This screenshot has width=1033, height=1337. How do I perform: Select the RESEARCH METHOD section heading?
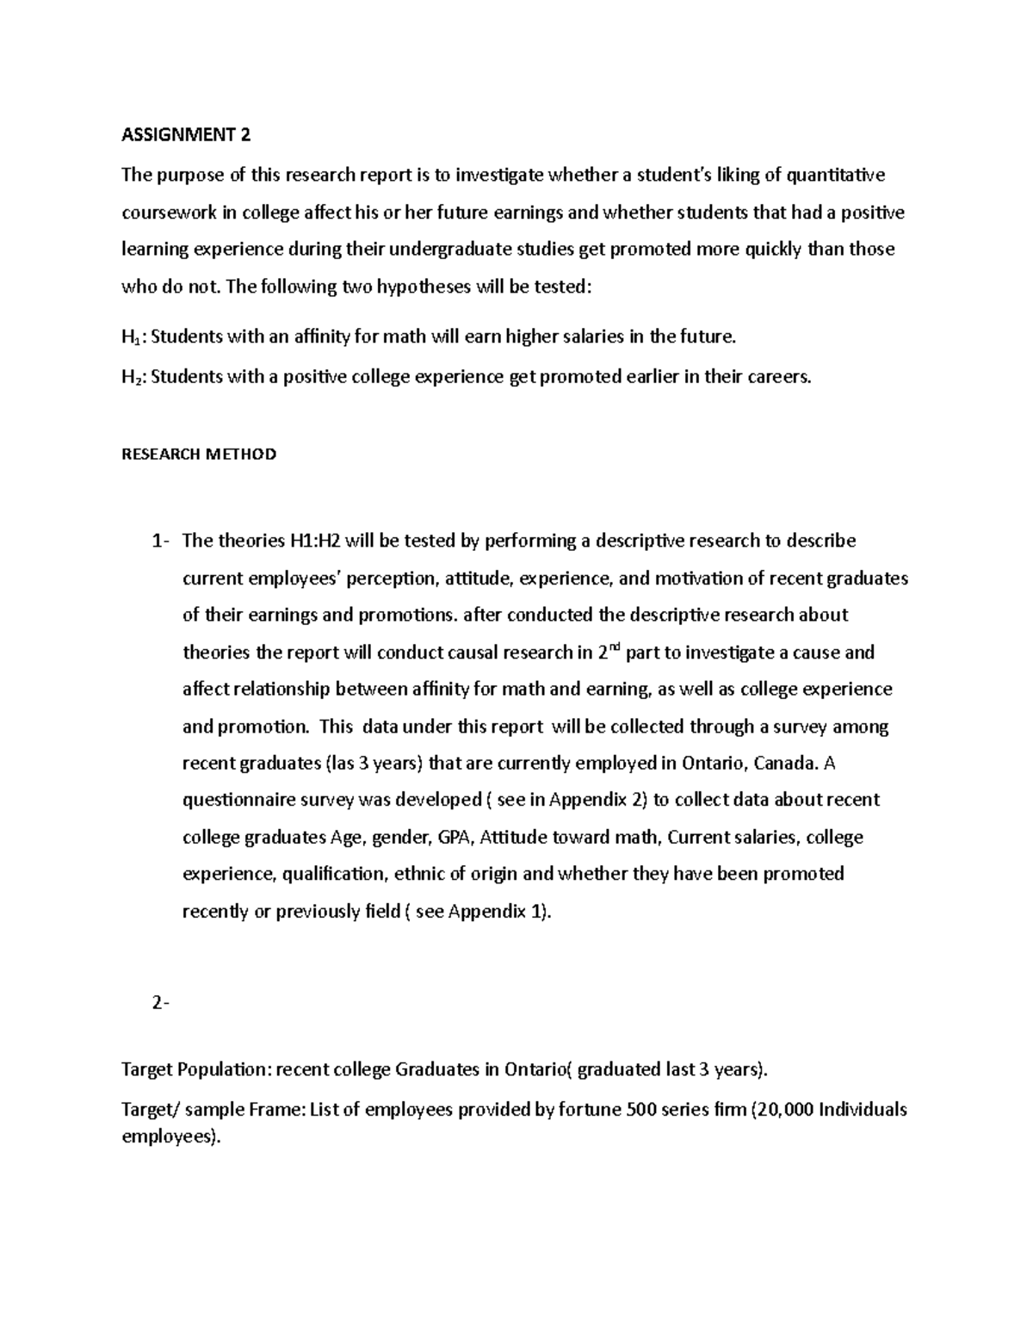click(x=199, y=454)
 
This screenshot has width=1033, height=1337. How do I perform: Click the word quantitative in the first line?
click(x=835, y=176)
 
